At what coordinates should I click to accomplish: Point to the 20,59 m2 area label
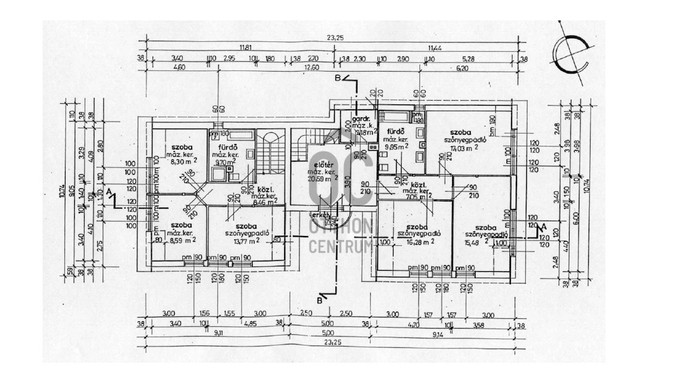tap(327, 177)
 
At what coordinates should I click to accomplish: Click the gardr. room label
tap(360, 119)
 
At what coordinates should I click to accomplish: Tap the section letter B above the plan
tap(337, 78)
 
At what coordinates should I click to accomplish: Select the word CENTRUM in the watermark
tap(341, 247)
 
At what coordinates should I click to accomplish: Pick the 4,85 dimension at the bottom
tap(250, 323)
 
